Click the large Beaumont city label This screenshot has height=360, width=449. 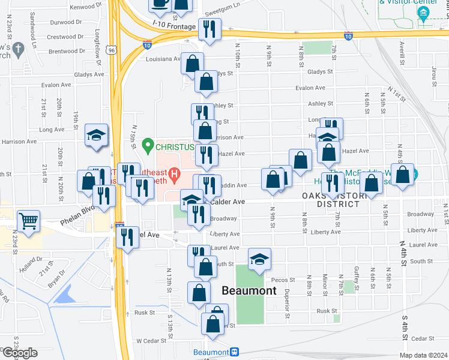tap(249, 290)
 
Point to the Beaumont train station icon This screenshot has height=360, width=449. tap(235, 352)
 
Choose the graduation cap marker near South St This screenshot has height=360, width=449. tap(260, 259)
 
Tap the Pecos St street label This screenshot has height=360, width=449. tap(284, 280)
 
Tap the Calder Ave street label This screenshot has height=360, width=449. tap(228, 202)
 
